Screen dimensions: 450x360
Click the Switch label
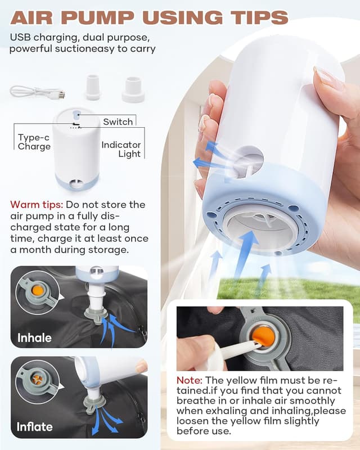tap(118, 121)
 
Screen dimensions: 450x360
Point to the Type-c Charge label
tap(34, 142)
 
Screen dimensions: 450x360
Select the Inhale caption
tap(34, 337)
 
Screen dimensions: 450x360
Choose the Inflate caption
tap(34, 426)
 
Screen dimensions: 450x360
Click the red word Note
tap(190, 381)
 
